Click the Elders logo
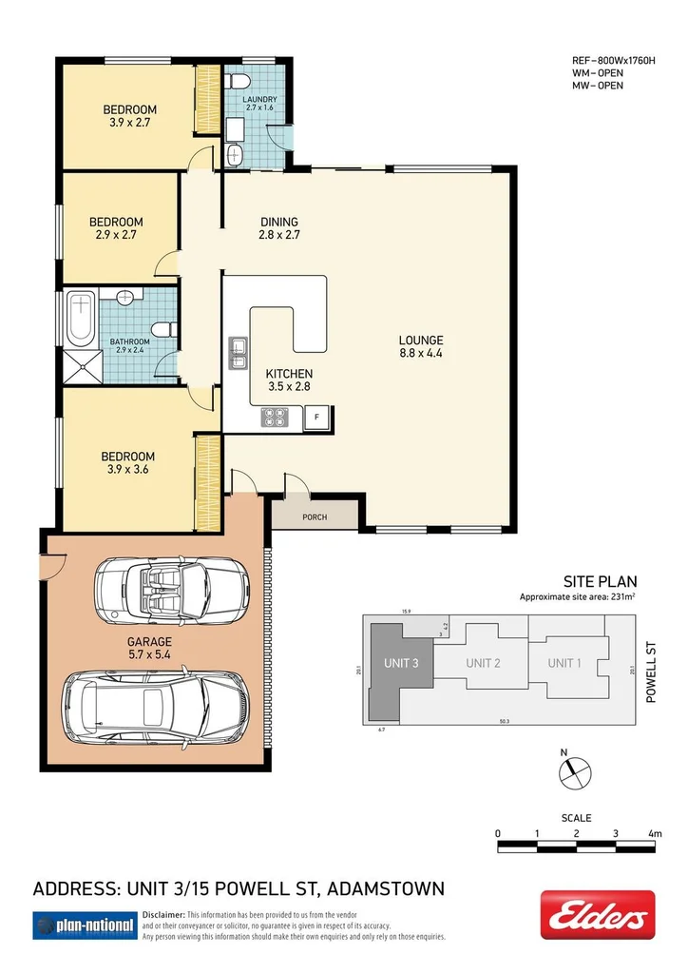(597, 915)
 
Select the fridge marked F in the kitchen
(316, 415)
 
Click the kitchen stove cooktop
(276, 415)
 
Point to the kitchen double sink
(237, 351)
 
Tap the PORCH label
(315, 517)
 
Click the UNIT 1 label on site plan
(564, 663)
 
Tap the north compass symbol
(576, 772)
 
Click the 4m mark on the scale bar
(654, 834)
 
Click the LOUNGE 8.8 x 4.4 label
(420, 347)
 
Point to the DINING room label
(279, 228)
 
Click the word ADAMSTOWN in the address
(386, 890)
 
